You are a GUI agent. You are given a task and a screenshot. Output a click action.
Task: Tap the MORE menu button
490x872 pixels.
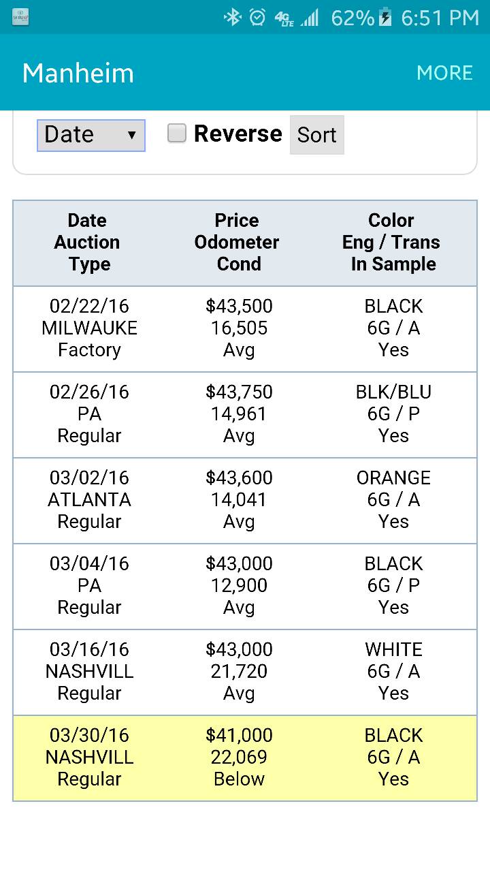[444, 73]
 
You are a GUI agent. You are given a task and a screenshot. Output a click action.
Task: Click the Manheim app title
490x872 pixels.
[78, 73]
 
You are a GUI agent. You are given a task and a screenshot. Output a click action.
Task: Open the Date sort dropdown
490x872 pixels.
[91, 135]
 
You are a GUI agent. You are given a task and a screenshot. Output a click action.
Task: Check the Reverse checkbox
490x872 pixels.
[176, 133]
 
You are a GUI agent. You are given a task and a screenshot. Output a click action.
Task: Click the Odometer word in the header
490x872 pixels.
[236, 242]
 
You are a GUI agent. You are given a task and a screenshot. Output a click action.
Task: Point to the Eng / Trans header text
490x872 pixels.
[391, 243]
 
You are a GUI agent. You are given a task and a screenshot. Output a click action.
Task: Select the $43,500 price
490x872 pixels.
[239, 307]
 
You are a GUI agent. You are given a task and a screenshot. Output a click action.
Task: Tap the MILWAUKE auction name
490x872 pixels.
[89, 328]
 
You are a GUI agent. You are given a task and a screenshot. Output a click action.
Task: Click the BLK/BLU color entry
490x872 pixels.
[393, 392]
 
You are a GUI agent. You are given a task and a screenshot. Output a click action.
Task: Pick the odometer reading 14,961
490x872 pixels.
[239, 414]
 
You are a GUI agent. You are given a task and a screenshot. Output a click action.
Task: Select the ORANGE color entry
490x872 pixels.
[393, 478]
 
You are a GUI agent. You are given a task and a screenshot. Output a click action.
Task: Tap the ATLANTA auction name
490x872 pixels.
[89, 500]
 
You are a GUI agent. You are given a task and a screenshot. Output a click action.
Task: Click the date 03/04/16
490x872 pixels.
[89, 563]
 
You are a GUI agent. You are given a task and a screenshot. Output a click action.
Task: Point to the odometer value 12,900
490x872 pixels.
[239, 585]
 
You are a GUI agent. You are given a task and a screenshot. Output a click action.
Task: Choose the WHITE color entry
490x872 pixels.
[393, 650]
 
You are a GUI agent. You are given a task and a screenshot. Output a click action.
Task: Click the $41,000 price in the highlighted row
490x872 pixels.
[239, 736]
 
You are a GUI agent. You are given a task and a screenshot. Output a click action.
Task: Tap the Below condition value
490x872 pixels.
[239, 779]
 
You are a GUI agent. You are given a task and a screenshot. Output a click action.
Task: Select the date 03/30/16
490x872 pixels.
[89, 735]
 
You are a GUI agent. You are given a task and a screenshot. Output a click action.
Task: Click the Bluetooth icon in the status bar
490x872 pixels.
[233, 18]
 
